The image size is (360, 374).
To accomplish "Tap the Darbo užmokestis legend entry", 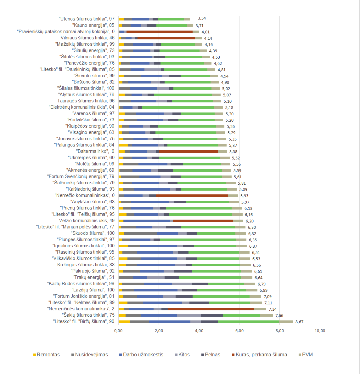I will (x=143, y=355).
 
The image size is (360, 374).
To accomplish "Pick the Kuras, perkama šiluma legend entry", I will (x=261, y=355).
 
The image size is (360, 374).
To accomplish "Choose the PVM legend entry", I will (x=307, y=355).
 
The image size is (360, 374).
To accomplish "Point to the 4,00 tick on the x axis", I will (x=199, y=331).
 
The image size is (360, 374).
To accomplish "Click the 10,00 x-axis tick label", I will (x=320, y=331).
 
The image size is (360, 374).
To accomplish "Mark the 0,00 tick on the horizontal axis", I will (x=118, y=331).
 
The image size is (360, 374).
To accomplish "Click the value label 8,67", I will (x=299, y=322).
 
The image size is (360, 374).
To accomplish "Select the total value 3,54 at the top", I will (x=202, y=18).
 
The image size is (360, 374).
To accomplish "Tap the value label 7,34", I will (x=273, y=309).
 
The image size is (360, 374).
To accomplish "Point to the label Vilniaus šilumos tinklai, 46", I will (x=87, y=38).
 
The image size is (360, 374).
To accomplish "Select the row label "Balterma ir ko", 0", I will (x=95, y=151).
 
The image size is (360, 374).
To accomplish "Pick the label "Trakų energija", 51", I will (x=94, y=277).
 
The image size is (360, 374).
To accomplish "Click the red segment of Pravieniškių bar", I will (x=159, y=32).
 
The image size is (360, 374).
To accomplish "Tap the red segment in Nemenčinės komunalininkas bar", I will (x=211, y=309).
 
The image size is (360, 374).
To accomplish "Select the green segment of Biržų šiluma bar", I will (x=249, y=322).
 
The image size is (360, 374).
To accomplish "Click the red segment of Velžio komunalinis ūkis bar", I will (x=203, y=221).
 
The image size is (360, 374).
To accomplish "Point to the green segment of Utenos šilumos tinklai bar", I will (x=171, y=19).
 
